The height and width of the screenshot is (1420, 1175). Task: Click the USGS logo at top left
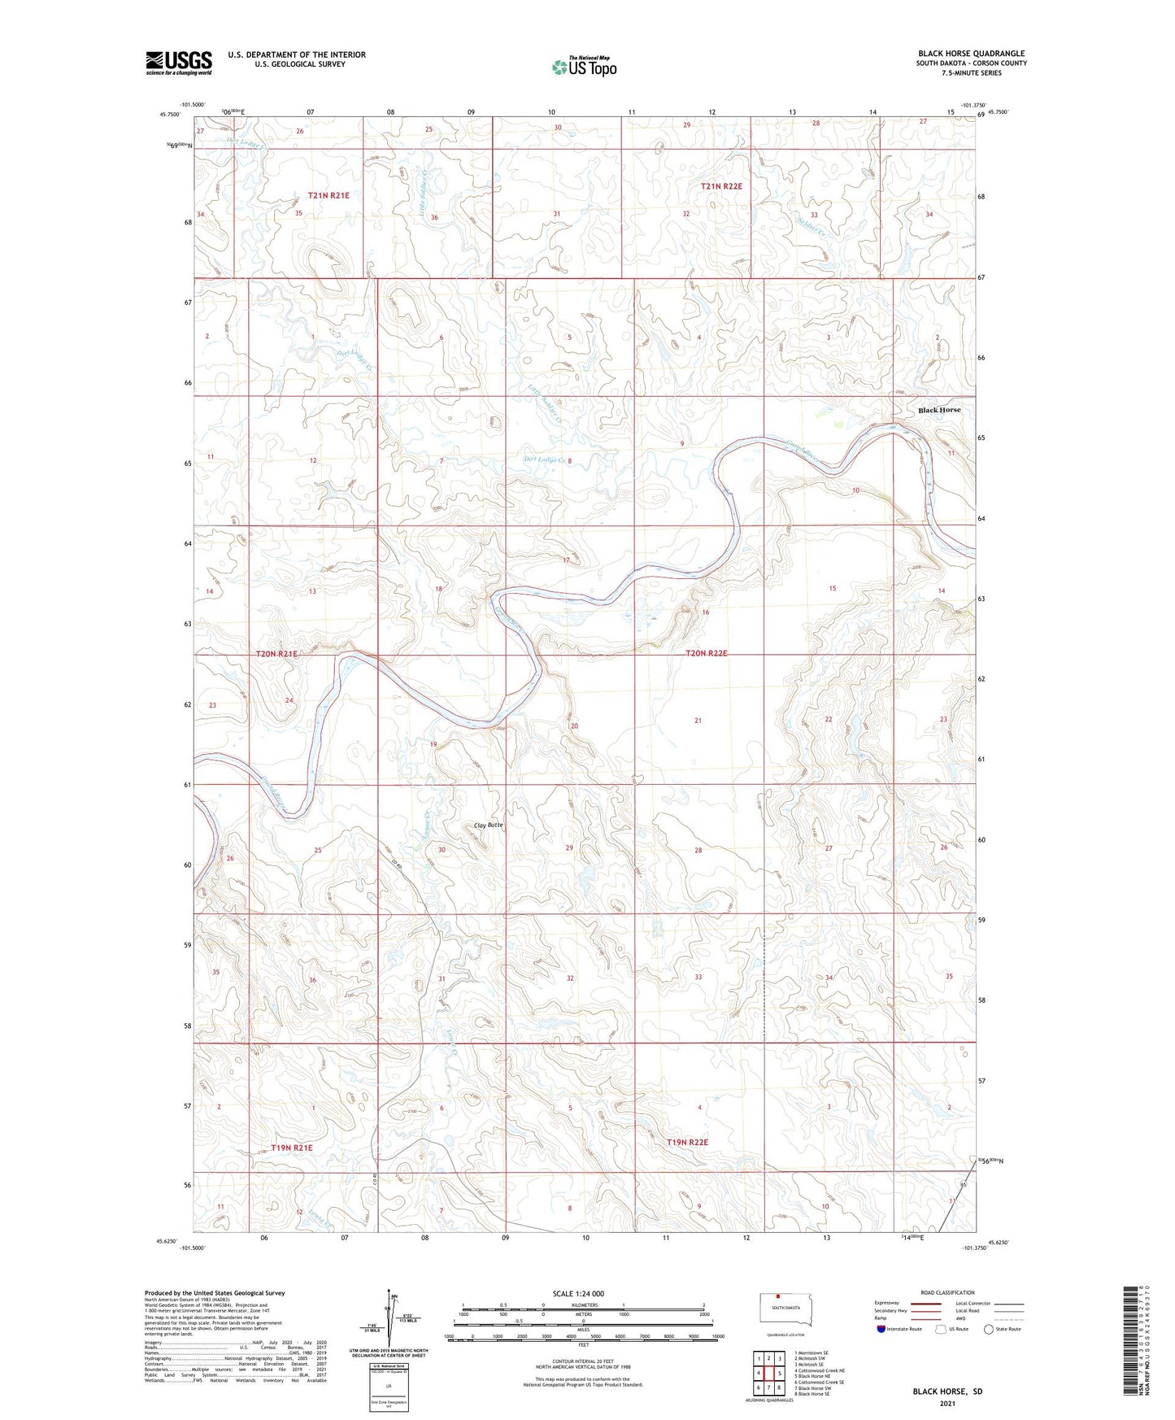pyautogui.click(x=179, y=63)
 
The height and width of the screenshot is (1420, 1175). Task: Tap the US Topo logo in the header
pyautogui.click(x=584, y=66)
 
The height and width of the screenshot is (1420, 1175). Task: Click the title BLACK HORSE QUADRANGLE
pyautogui.click(x=971, y=54)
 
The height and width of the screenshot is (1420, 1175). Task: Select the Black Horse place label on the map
pyautogui.click(x=939, y=410)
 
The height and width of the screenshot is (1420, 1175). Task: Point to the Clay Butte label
pyautogui.click(x=489, y=825)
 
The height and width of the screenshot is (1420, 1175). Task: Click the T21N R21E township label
pyautogui.click(x=328, y=195)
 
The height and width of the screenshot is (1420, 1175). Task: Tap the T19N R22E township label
pyautogui.click(x=687, y=1142)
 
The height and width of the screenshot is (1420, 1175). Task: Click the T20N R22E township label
pyautogui.click(x=706, y=653)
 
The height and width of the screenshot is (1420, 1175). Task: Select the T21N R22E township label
pyautogui.click(x=721, y=186)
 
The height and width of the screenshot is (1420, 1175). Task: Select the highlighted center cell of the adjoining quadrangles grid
pyautogui.click(x=768, y=1374)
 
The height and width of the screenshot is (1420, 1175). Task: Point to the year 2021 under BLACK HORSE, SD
pyautogui.click(x=947, y=1404)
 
